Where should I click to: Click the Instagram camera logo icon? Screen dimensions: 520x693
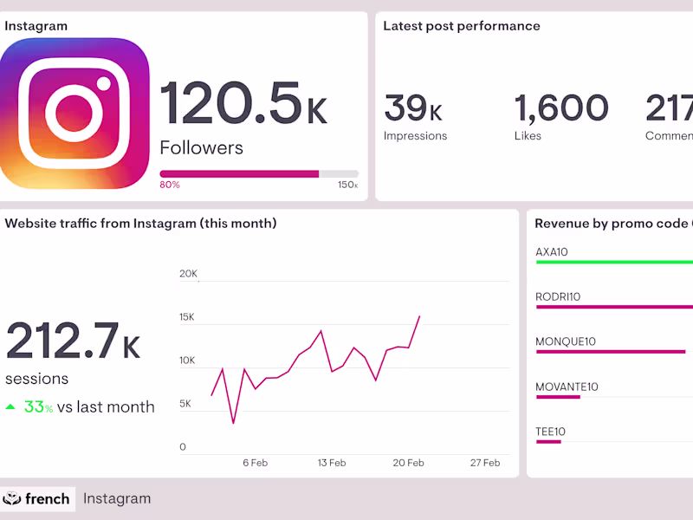tap(74, 113)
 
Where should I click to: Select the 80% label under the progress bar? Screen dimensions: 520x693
tap(170, 185)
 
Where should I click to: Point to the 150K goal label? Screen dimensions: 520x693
tap(347, 185)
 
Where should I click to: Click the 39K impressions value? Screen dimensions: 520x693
tap(413, 108)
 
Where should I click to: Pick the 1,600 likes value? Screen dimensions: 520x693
tap(561, 108)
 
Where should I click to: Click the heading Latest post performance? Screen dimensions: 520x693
tap(461, 26)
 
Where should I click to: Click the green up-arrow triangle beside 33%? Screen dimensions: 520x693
tap(11, 406)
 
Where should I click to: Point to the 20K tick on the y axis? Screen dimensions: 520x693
tap(188, 274)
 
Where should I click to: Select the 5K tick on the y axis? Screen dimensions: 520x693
tap(185, 404)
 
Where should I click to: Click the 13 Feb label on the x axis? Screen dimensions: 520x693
tap(331, 463)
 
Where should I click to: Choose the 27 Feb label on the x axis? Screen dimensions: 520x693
tap(485, 463)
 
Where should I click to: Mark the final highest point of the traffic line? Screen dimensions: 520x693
tap(419, 316)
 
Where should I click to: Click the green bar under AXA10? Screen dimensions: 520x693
tap(615, 262)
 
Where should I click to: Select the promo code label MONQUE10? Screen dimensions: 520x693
tap(566, 341)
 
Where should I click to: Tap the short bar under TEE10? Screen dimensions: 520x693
tap(548, 442)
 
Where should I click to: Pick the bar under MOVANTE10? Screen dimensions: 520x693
tap(558, 397)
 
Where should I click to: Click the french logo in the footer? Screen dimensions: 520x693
tap(36, 498)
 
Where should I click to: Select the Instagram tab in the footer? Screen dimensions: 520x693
tap(116, 498)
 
